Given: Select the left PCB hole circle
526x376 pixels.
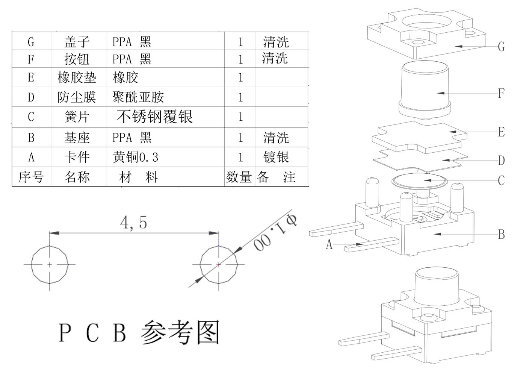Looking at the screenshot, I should click(50, 264).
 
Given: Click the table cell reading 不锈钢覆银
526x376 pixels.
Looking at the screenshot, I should click(154, 117).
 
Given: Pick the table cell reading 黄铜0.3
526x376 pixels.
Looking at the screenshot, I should click(135, 157).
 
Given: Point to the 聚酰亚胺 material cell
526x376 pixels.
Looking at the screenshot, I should click(138, 97).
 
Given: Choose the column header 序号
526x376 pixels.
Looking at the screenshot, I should click(31, 177).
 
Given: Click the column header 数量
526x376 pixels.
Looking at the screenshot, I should click(239, 177).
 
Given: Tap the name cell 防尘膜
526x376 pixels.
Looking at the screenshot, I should click(77, 97).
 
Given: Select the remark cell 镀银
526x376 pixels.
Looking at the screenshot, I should click(276, 157).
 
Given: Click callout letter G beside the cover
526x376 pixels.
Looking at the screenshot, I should click(501, 47).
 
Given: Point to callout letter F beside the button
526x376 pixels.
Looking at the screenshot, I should click(501, 93).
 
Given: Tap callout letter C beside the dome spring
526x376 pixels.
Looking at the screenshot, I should click(501, 181).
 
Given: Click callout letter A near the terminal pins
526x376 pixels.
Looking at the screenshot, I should click(329, 245).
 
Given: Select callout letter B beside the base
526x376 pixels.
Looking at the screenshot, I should click(501, 235).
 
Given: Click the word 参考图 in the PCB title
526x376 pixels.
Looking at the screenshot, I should click(180, 332).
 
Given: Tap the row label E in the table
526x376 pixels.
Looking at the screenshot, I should click(31, 77).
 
